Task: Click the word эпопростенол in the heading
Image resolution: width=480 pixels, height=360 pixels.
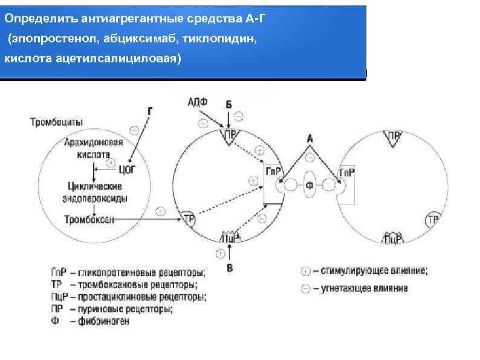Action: pos(43,39)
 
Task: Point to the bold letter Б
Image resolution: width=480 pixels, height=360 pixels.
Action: pos(229,105)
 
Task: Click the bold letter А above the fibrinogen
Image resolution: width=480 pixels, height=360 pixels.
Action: pos(310,139)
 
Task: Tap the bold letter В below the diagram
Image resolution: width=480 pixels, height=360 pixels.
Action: pos(229,267)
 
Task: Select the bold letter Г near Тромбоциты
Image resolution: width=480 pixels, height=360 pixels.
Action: pos(150,111)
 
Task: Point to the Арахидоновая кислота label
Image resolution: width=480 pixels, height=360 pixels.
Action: pos(93,148)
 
